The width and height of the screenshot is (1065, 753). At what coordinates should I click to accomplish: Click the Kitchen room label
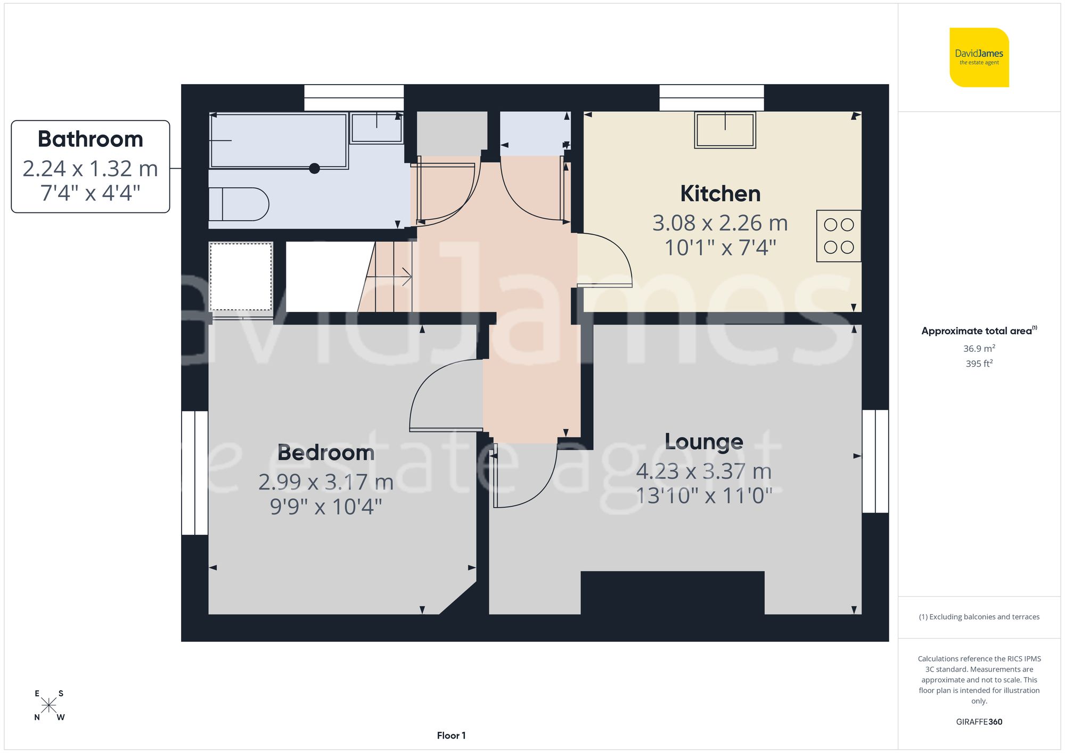coord(720,194)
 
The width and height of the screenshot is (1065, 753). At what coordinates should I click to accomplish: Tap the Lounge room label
coord(703,442)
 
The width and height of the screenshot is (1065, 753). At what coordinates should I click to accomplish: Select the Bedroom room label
coord(326,453)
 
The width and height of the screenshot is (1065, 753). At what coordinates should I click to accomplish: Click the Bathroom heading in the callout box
coord(91,139)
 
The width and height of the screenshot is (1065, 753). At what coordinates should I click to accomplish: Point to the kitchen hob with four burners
coord(839,236)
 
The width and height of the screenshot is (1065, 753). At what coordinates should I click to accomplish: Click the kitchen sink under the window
coord(725,130)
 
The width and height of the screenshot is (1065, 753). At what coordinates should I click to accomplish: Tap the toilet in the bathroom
coord(238,204)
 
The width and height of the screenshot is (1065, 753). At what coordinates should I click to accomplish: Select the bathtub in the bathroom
coord(278,141)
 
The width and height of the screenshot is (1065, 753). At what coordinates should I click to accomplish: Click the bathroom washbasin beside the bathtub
coord(376,128)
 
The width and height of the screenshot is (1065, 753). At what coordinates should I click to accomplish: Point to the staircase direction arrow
coord(394,277)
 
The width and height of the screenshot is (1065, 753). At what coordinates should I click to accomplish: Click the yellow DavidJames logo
coord(979,57)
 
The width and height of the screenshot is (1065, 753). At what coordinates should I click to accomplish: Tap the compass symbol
coord(49,706)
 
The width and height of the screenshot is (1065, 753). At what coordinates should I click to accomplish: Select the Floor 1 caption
coord(451,735)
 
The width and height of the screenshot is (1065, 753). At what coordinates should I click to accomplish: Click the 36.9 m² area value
coord(979,349)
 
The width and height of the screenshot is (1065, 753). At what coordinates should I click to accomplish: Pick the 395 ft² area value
coord(979,363)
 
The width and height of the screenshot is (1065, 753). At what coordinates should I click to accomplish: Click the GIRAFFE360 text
coord(979,722)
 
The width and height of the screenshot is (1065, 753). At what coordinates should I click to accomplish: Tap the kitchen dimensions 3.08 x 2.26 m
coord(720,223)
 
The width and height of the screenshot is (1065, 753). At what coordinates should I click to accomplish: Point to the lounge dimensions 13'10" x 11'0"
coord(703,496)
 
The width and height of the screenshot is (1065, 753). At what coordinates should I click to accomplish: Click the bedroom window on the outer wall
coord(195,473)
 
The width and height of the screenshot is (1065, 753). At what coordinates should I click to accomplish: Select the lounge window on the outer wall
coord(875,461)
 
